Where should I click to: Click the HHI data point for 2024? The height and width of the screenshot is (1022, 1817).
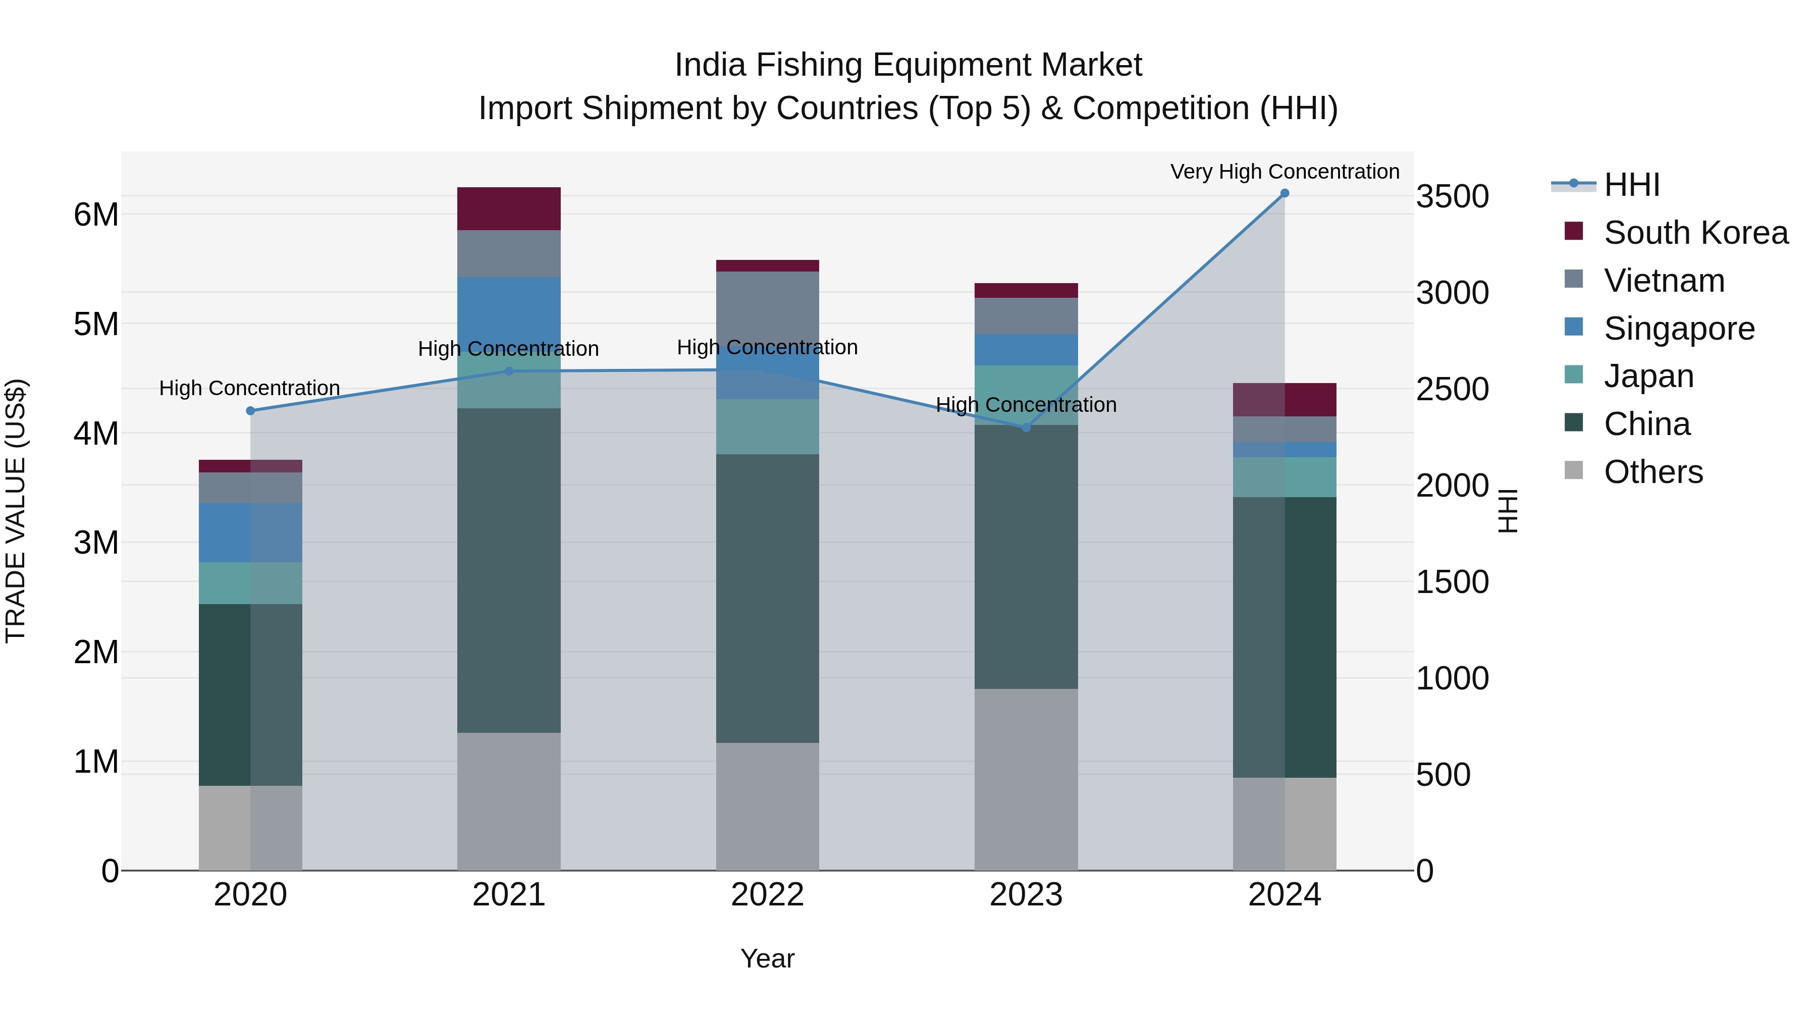[1285, 193]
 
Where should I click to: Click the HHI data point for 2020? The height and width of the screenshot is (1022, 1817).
[250, 410]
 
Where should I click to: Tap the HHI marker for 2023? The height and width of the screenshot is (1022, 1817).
[1026, 427]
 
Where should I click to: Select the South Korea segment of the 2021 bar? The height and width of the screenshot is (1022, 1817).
[509, 209]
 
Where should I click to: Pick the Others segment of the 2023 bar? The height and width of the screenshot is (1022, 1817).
[1026, 779]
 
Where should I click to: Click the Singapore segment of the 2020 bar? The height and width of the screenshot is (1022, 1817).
[250, 532]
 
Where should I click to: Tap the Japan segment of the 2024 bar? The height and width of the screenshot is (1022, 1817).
[1285, 477]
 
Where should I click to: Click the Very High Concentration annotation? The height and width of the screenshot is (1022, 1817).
[1285, 172]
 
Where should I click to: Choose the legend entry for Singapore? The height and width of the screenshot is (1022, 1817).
[1679, 329]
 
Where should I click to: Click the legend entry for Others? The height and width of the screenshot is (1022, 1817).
[1652, 472]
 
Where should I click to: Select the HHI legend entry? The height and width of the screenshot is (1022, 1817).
[1631, 185]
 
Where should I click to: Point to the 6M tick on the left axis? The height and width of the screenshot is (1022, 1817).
[96, 214]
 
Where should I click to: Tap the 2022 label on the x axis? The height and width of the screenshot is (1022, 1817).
[767, 895]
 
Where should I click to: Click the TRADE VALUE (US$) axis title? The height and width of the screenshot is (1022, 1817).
[16, 511]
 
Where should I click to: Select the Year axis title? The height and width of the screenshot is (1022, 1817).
[767, 958]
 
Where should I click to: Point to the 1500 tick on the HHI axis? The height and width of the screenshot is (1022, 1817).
[1452, 582]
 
